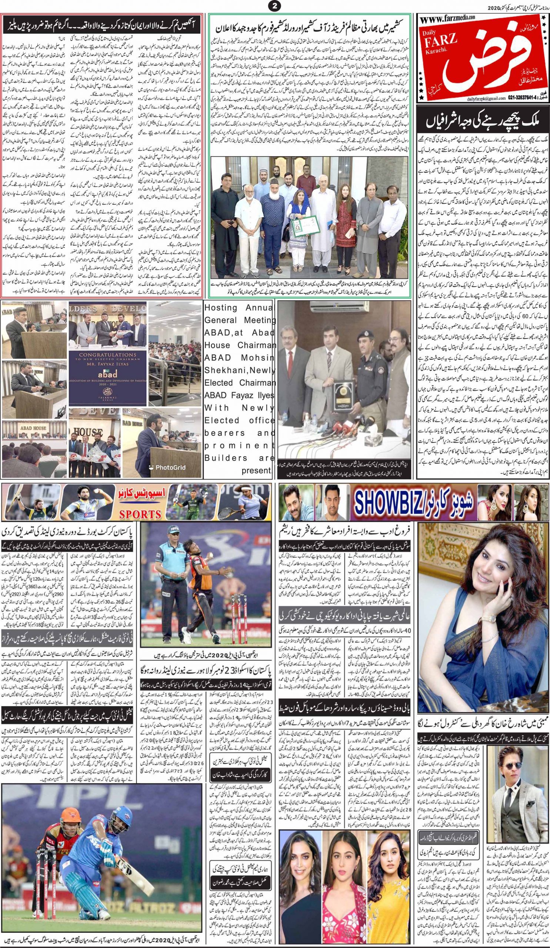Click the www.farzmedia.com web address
click(x=448, y=18)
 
